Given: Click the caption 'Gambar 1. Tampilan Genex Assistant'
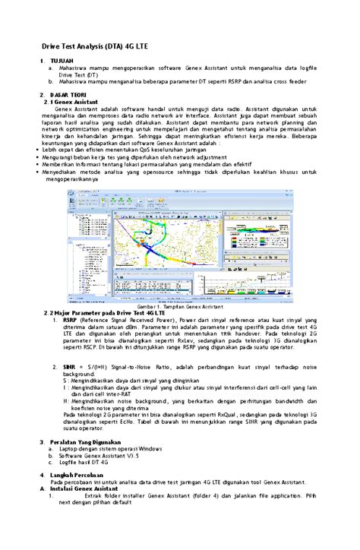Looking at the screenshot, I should pos(178,285).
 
